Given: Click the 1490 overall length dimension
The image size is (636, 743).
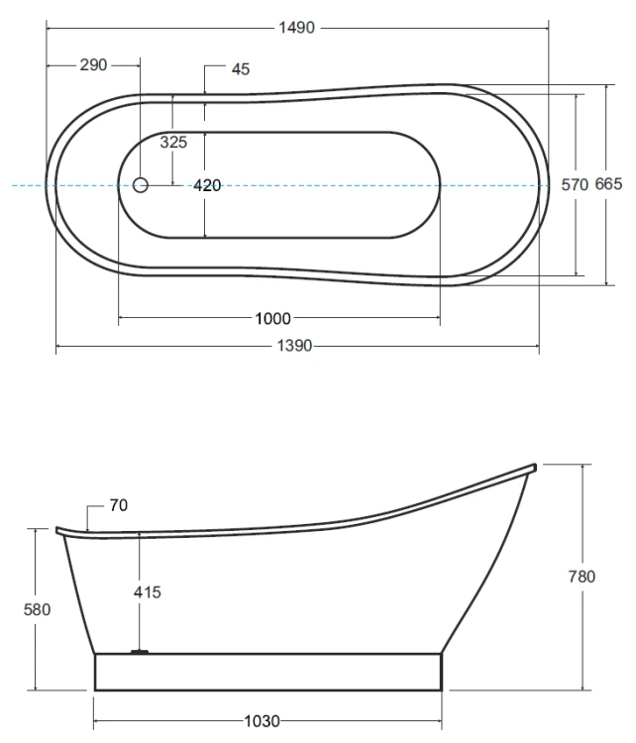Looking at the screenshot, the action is click(x=296, y=28).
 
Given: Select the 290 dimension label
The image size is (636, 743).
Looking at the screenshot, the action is click(x=93, y=65).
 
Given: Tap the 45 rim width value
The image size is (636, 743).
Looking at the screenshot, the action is click(x=241, y=69).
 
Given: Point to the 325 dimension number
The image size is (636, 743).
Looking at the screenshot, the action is click(x=173, y=142).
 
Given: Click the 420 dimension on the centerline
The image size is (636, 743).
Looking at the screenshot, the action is click(x=207, y=185).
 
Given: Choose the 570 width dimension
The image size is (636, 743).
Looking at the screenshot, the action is click(x=575, y=184).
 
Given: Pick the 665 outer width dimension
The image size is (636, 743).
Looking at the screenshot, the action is click(x=608, y=184).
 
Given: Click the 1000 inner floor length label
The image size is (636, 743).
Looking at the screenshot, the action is click(x=273, y=318).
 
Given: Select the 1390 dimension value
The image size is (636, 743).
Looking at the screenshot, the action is click(x=294, y=346).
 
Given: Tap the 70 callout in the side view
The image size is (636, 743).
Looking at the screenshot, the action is click(x=119, y=505).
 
